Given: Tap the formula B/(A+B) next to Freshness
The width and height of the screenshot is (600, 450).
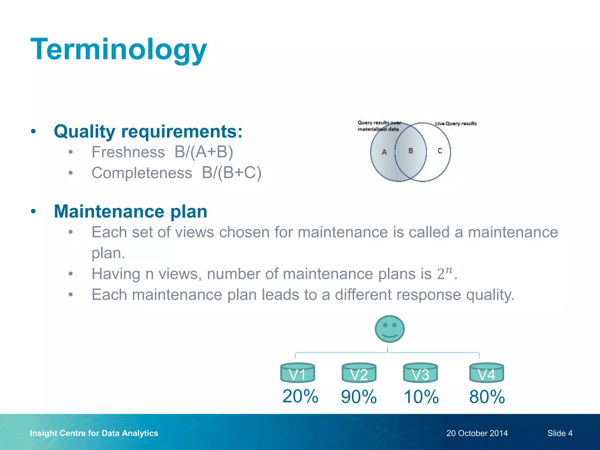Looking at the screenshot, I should pyautogui.click(x=204, y=152).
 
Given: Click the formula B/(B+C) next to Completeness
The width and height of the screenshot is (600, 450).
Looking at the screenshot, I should pyautogui.click(x=231, y=173).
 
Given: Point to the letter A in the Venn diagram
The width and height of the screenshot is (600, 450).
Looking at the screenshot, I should pyautogui.click(x=384, y=152).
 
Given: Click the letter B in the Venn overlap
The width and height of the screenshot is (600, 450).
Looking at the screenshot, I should pyautogui.click(x=411, y=151).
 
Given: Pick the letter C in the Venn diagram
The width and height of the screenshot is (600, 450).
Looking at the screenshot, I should pyautogui.click(x=440, y=151).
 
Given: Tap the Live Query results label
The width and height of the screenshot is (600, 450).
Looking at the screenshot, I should pyautogui.click(x=456, y=123).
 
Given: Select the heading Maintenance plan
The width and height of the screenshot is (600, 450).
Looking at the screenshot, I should pyautogui.click(x=131, y=211).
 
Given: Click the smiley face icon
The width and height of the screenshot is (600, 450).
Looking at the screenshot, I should pyautogui.click(x=390, y=329).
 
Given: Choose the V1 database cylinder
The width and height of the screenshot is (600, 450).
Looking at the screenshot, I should pyautogui.click(x=298, y=373).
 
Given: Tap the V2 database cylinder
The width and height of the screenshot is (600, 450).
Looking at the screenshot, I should pyautogui.click(x=359, y=373).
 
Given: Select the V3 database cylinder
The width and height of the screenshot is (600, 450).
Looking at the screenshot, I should pyautogui.click(x=420, y=373).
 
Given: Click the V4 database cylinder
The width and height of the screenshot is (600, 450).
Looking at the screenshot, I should pyautogui.click(x=487, y=373).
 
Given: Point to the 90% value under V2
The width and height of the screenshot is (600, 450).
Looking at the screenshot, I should pyautogui.click(x=359, y=397).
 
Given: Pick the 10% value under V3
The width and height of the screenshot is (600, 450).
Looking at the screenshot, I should pyautogui.click(x=421, y=397).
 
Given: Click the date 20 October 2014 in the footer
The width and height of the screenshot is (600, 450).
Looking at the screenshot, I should pyautogui.click(x=477, y=433).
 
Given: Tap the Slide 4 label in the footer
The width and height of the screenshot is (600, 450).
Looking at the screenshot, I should pyautogui.click(x=560, y=433).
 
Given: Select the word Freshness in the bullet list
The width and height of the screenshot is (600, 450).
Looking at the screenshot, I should pyautogui.click(x=128, y=152).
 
